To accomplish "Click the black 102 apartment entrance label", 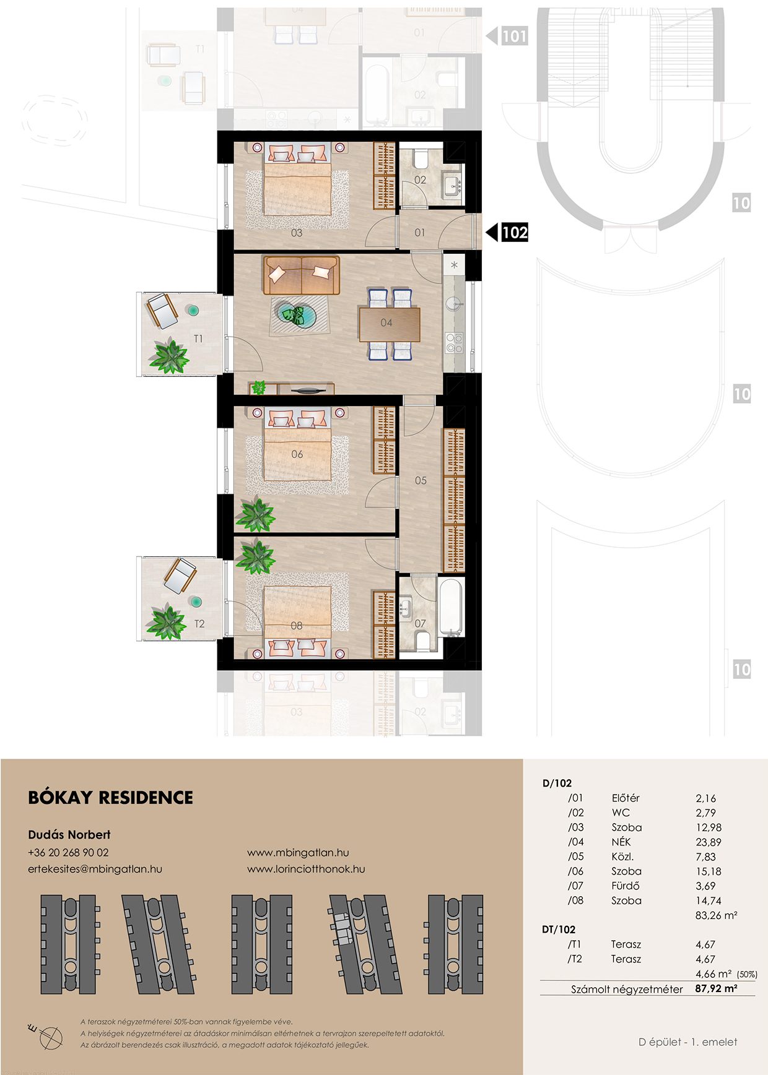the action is pos(515,233).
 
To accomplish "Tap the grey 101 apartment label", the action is pos(514,37).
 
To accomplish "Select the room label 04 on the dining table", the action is pos(386,323).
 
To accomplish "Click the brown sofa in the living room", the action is pos(302,275).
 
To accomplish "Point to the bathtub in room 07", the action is pos(451,607).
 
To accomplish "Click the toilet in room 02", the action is pos(421,158).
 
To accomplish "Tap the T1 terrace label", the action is pos(198,339).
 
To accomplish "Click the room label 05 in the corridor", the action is pos(421,480).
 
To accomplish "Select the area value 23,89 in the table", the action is pos(709,842).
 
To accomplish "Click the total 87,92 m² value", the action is pos(716,989).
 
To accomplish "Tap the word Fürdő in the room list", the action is pos(626,886).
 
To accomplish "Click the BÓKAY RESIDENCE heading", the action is pos(111,798).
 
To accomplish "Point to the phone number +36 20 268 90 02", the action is pos(68,853).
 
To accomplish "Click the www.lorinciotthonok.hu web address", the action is pos(306,869).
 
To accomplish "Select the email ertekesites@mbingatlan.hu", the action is pos(95,869).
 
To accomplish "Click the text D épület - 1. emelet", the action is pos(688,1042).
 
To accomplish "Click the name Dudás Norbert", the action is pos(69,835).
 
